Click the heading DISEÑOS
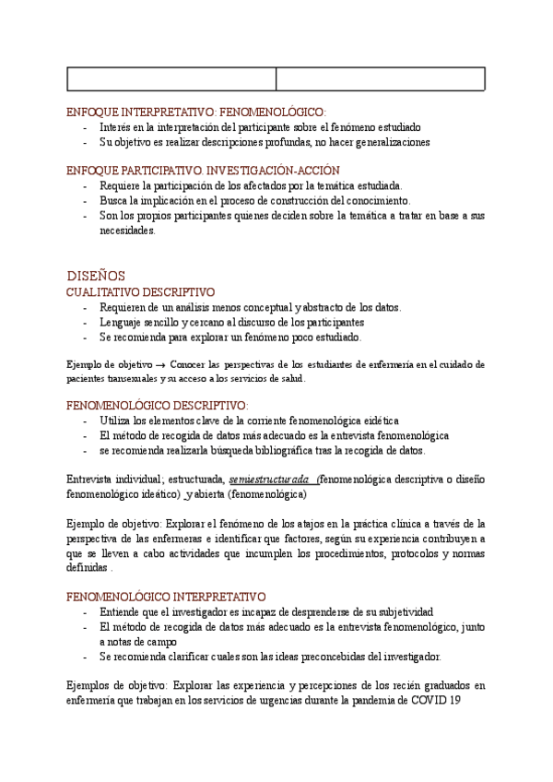(x=96, y=276)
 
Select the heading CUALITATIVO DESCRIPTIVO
(x=140, y=292)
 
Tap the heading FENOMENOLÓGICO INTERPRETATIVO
(x=167, y=597)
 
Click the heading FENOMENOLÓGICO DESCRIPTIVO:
(x=158, y=405)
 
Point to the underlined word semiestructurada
(x=269, y=480)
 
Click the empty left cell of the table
(x=172, y=79)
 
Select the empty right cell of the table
(x=381, y=79)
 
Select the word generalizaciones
(x=385, y=142)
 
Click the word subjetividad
(x=402, y=611)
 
